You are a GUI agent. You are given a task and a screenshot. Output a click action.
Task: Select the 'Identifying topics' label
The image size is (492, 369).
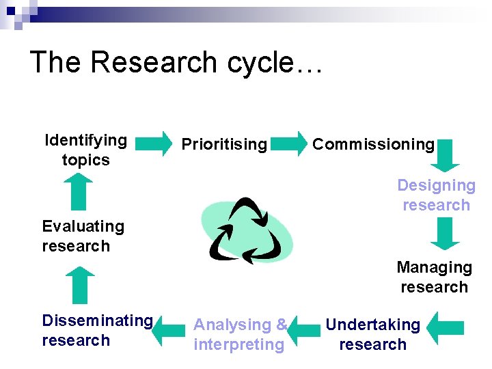85,150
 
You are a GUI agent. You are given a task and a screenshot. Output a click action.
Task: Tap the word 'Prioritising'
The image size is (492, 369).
223,144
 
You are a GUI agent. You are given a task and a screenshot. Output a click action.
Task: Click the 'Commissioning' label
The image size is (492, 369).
373,144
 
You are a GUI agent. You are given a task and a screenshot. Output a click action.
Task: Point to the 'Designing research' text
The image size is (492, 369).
436,195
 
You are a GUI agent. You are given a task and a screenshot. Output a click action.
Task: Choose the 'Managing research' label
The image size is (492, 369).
434,277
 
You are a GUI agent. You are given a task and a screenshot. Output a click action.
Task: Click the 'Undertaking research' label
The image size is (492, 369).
372,334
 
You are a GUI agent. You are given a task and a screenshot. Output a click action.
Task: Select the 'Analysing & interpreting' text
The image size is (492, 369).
240,334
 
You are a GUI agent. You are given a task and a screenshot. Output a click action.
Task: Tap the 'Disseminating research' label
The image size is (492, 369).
97,330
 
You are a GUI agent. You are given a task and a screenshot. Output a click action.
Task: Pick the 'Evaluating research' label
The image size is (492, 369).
83,236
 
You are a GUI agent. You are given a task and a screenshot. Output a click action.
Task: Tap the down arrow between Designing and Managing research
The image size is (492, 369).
445,234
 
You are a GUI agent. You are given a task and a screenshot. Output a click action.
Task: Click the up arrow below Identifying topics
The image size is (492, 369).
80,192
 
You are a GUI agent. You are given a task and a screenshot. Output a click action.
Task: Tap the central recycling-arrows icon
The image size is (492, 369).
247,230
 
